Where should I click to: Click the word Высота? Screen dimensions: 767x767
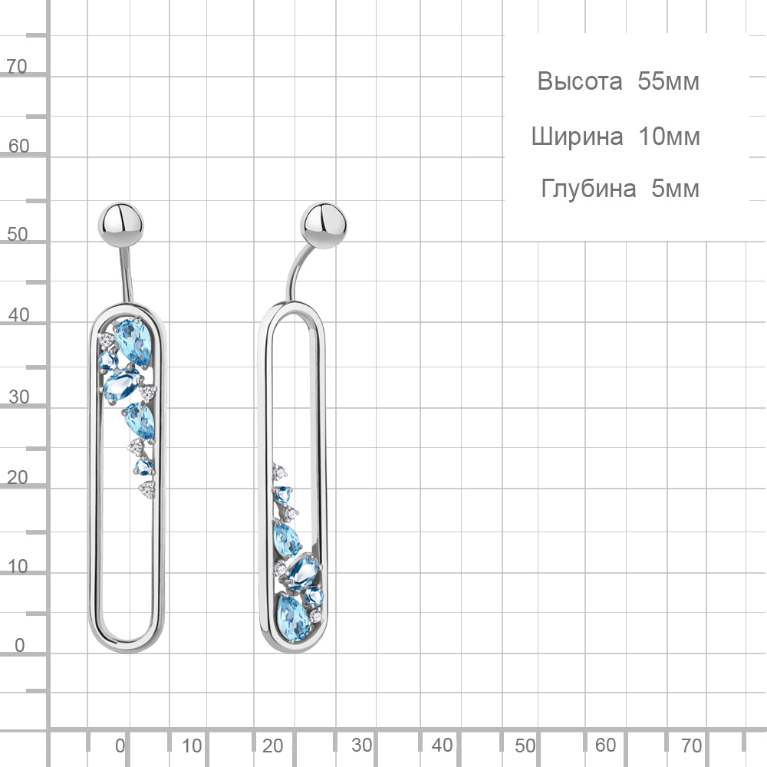click(580, 81)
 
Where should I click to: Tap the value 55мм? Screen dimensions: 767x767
click(668, 81)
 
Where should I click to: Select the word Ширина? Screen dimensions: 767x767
click(578, 137)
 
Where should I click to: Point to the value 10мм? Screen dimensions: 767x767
click(669, 137)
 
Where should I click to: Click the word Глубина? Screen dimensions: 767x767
click(588, 189)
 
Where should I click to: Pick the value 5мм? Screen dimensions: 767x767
click(675, 189)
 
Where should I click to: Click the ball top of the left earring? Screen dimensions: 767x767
click(120, 225)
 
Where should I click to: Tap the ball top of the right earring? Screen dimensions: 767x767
click(323, 225)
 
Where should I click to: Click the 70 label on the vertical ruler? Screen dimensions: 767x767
click(17, 67)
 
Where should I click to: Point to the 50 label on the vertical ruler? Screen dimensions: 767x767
click(17, 234)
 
